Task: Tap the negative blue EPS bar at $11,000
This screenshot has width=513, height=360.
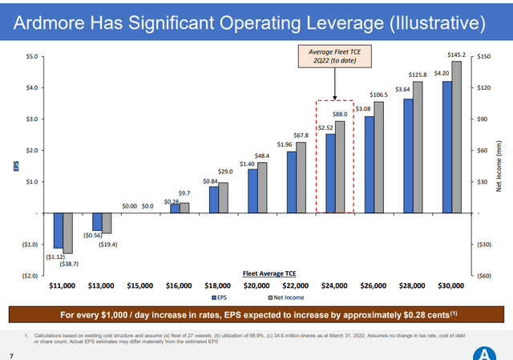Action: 58,230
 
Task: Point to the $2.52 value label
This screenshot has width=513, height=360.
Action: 325,127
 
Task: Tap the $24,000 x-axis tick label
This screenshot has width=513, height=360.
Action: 330,285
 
